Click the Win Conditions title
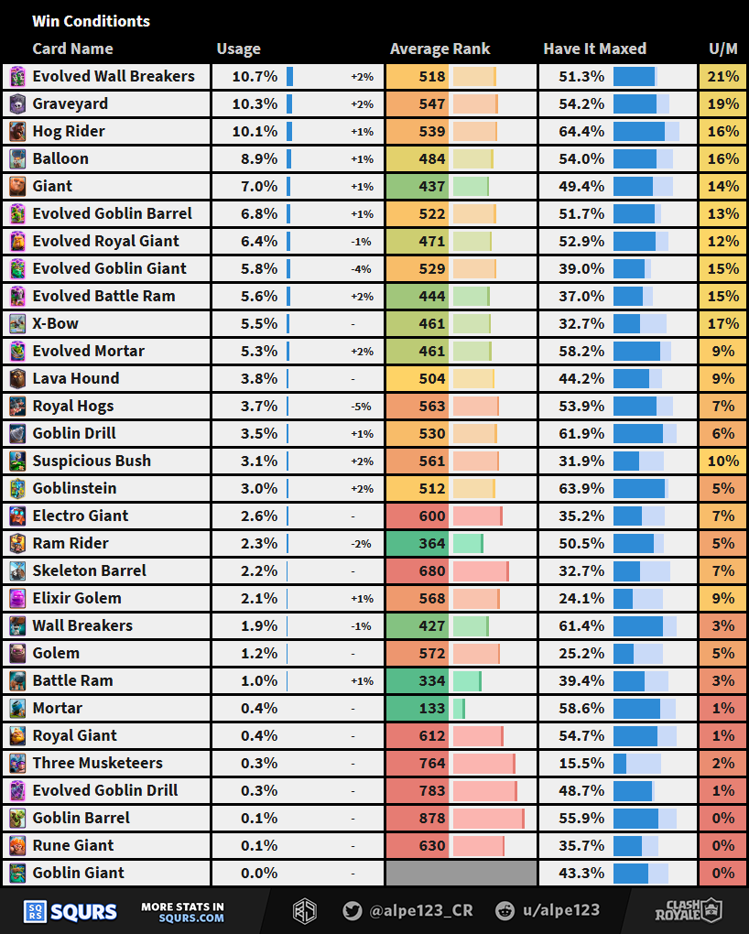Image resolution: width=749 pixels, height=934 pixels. (x=91, y=21)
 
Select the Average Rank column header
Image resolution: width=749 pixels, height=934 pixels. (x=440, y=49)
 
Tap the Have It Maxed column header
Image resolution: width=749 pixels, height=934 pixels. (x=594, y=49)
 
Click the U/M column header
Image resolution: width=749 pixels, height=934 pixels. (x=722, y=49)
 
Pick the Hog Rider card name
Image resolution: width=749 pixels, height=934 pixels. (x=69, y=131)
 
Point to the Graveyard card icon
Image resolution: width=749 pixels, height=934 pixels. (x=17, y=104)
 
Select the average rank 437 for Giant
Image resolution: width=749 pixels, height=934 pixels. (x=431, y=186)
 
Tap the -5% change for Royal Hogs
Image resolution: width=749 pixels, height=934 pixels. (x=362, y=407)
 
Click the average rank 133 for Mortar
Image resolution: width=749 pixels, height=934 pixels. (x=431, y=708)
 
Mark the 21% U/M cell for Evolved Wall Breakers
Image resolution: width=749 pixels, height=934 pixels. (x=722, y=77)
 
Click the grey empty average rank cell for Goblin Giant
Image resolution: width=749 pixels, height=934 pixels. (x=461, y=873)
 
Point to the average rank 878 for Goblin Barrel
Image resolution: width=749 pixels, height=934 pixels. (x=431, y=818)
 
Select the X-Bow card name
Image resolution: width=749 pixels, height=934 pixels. (x=55, y=323)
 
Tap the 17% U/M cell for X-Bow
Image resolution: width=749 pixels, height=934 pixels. (x=722, y=323)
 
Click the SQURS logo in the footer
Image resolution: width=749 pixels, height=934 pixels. (x=71, y=911)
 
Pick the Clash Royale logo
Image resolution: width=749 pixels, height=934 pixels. (x=688, y=910)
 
